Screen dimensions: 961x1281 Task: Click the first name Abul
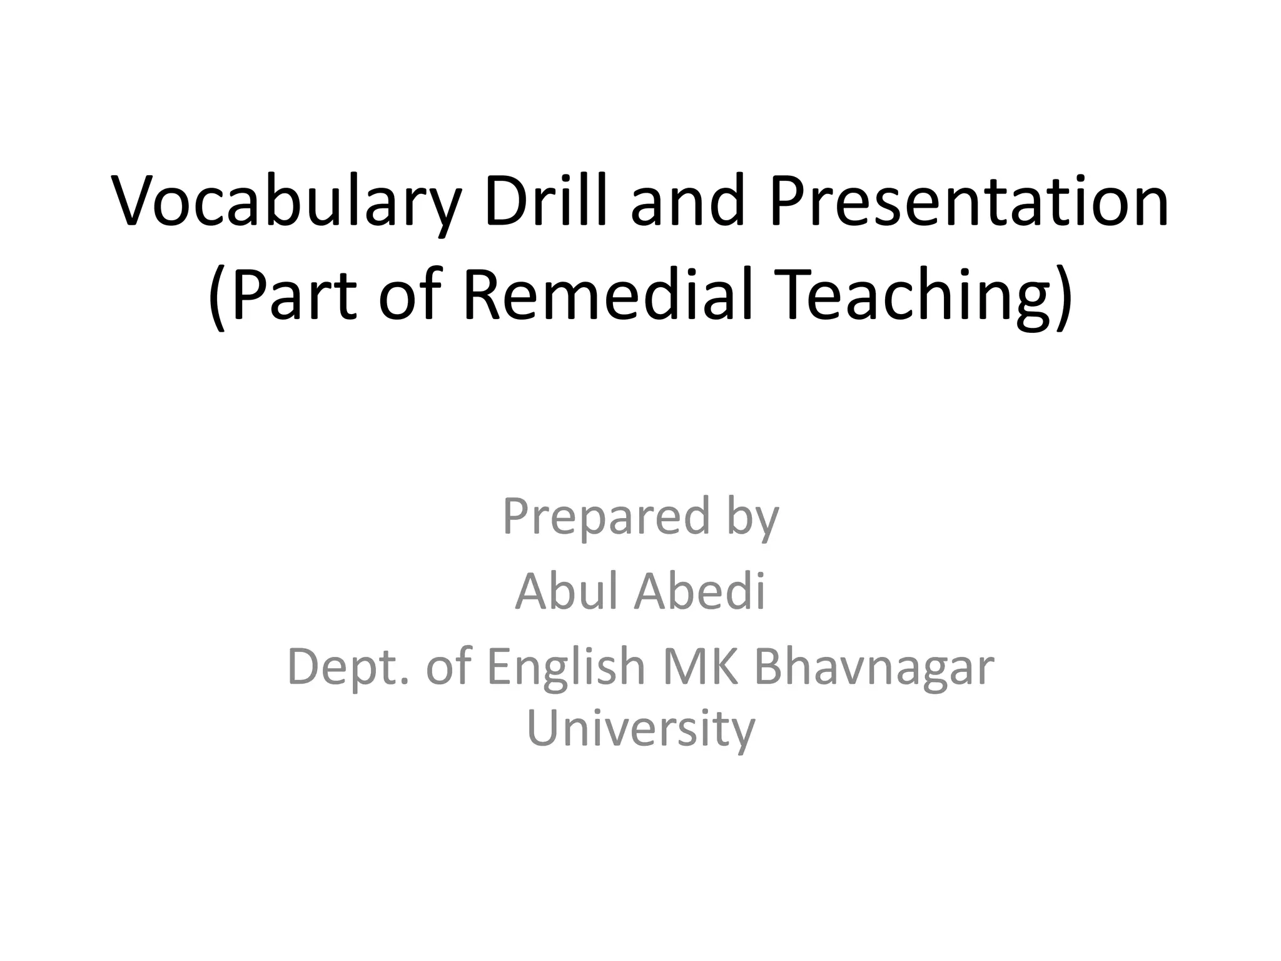pos(568,591)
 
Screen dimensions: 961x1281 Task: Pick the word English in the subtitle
pos(565,668)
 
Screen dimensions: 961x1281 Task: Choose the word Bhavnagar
pos(874,668)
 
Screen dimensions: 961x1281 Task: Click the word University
pos(641,729)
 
